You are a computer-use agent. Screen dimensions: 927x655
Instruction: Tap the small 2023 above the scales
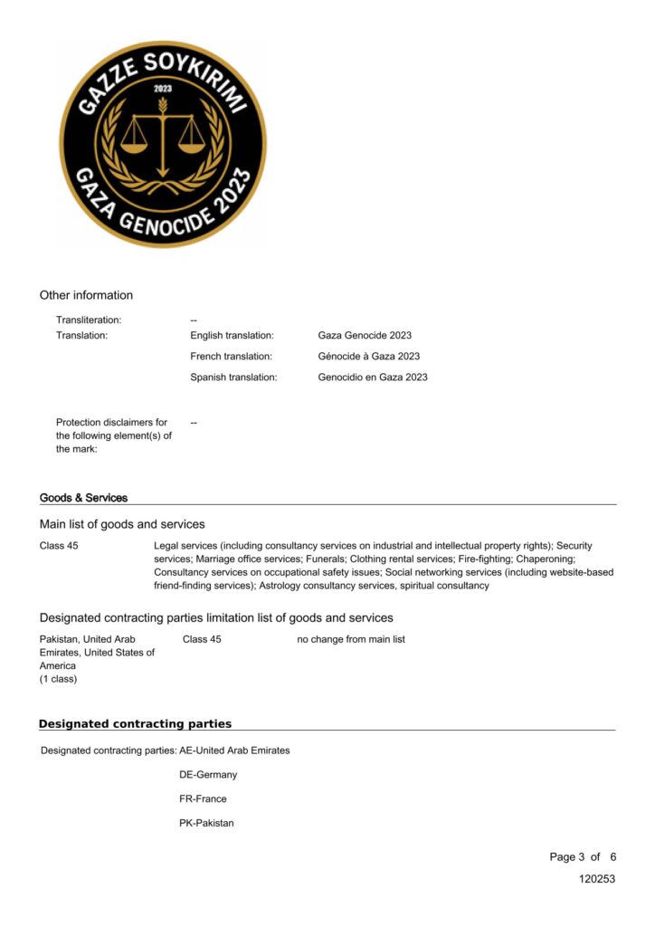coord(163,89)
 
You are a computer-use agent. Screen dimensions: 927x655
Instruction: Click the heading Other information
coord(86,295)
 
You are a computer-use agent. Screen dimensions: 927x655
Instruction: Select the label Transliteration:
coord(89,320)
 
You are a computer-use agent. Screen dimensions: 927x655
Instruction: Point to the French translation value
coord(369,357)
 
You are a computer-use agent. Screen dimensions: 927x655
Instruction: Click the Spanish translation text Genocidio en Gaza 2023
coord(373,377)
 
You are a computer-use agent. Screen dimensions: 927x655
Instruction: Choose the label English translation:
coord(232,336)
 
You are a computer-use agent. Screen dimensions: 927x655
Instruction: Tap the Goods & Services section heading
coord(83,498)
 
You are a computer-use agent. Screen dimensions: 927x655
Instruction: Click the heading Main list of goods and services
coord(122,524)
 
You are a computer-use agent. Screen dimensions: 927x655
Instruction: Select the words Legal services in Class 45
coord(185,546)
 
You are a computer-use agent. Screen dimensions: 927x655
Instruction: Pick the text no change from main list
coord(351,639)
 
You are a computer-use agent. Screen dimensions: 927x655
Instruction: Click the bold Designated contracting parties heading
coord(135,724)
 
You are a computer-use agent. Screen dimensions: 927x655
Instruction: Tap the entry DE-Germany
coord(208,775)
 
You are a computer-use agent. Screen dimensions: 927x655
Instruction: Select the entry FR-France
coord(203,799)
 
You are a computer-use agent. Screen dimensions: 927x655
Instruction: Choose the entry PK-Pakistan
coord(206,823)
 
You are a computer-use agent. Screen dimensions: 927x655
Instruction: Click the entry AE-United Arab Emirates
coord(234,750)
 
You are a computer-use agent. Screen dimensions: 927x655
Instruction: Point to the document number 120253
coord(597,879)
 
